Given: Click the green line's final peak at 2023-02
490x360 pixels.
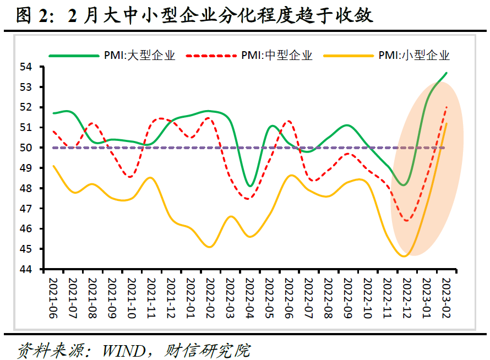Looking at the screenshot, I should coord(446,73).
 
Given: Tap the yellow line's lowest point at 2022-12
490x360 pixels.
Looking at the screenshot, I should coord(406,256).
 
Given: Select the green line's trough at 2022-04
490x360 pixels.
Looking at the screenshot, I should coord(250,186).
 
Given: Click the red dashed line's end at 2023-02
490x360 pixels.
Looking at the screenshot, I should coord(446,107).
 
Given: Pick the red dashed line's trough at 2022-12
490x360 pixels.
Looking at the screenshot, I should coord(407,220).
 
